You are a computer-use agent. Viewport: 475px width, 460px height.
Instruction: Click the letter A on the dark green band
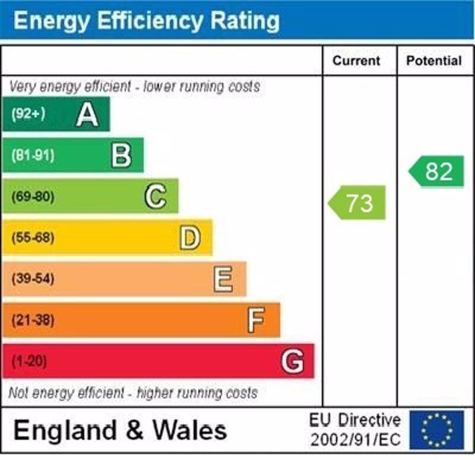click(87, 114)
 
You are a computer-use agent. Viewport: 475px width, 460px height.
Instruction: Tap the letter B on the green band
click(121, 155)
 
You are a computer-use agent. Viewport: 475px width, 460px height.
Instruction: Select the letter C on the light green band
click(155, 196)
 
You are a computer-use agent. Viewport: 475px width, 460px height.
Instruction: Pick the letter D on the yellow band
click(189, 238)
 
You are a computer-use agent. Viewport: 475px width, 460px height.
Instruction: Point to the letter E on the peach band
click(223, 279)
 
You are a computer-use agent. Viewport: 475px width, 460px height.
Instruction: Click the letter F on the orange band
click(256, 320)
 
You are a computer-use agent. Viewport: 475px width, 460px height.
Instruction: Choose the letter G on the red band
click(292, 361)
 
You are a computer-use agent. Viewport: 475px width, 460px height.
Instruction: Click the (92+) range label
click(28, 114)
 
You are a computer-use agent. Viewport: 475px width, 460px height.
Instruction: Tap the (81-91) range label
click(32, 156)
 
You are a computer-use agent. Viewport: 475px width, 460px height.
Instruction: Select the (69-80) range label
click(32, 197)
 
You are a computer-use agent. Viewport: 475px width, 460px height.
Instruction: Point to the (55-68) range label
click(32, 238)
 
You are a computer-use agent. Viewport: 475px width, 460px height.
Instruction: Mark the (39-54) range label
click(32, 279)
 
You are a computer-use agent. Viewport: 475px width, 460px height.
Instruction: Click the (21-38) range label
click(32, 320)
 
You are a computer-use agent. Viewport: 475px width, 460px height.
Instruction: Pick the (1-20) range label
click(28, 361)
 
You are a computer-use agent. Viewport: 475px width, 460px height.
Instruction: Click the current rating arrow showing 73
click(357, 203)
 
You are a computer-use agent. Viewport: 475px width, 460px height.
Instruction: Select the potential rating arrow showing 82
click(437, 171)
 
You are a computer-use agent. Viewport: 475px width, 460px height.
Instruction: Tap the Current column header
click(356, 60)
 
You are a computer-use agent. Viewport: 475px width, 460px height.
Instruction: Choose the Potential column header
click(433, 60)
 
